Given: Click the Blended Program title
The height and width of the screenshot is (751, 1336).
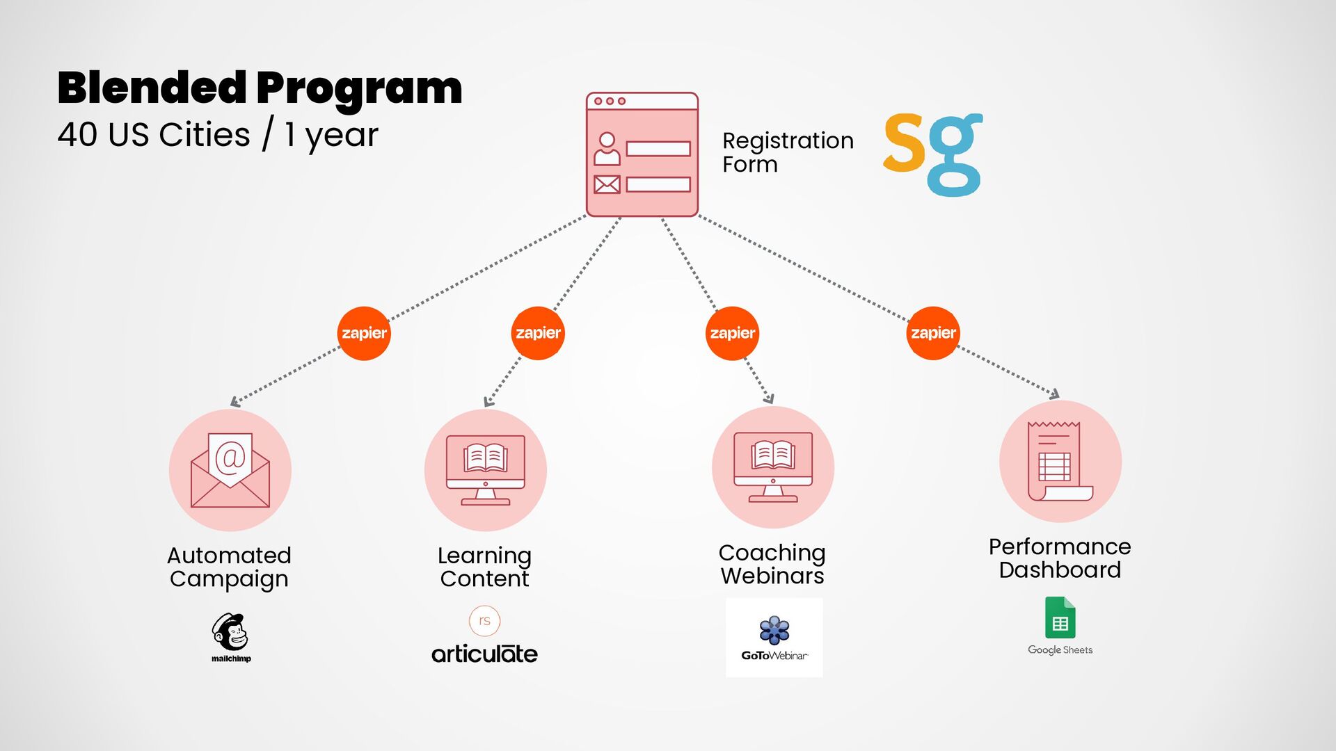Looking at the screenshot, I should [260, 88].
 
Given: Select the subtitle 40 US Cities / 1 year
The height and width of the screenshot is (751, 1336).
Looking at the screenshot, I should [218, 134].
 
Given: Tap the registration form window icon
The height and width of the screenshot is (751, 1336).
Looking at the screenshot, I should [642, 154].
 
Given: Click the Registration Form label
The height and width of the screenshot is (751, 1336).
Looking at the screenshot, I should [787, 152].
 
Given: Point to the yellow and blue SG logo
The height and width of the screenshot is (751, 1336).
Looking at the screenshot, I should [932, 154].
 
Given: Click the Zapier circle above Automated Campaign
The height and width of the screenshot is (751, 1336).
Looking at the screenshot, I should [364, 333].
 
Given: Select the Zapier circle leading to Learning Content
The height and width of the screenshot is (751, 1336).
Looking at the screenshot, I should [538, 333].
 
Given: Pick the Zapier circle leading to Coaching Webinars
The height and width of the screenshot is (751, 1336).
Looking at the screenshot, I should [732, 333].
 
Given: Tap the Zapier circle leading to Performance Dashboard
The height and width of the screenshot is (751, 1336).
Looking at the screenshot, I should [933, 333].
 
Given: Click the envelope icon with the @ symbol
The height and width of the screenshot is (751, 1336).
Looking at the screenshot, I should [230, 470].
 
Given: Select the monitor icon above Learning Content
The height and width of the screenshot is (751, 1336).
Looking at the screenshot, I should [486, 470].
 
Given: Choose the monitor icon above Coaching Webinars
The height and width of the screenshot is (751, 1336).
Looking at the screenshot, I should [773, 467].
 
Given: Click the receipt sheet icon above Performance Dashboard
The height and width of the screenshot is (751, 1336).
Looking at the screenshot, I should [1060, 461].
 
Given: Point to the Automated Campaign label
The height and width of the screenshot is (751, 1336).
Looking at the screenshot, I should [229, 567].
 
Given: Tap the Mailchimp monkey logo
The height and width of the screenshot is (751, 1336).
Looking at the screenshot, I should [230, 631].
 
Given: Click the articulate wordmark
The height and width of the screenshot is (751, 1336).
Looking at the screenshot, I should [484, 654].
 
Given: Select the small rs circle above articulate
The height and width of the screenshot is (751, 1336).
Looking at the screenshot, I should [485, 620].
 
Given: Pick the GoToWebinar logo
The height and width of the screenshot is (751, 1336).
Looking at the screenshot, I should [774, 638].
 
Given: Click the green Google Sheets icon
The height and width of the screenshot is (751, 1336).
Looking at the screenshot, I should [1060, 617].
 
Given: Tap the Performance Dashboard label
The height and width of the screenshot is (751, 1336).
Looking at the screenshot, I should [1060, 558].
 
